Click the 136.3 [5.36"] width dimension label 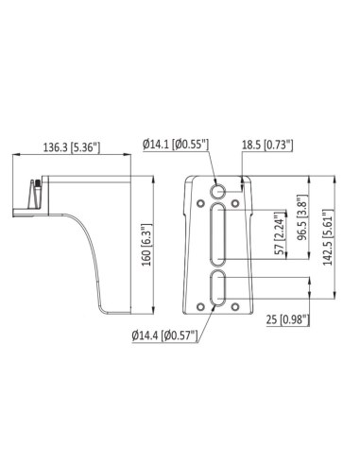tap(71, 147)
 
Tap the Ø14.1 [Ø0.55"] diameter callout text tap(176, 145)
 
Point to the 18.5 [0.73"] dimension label tap(267, 145)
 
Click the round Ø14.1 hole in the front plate tap(220, 186)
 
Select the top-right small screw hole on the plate tap(238, 200)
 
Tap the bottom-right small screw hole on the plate tap(238, 306)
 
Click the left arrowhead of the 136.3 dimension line tap(12, 158)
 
